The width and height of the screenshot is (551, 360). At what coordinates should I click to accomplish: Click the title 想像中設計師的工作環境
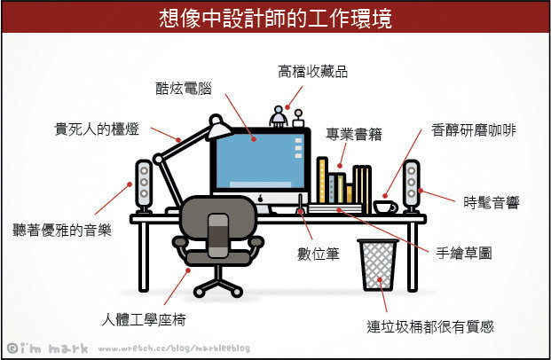click(x=275, y=17)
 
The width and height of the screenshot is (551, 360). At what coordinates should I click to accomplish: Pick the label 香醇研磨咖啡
click(x=474, y=129)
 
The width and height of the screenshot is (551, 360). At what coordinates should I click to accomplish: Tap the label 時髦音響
click(x=492, y=202)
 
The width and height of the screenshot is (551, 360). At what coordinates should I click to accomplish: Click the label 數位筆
click(x=321, y=255)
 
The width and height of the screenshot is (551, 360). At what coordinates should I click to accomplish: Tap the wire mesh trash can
click(x=378, y=262)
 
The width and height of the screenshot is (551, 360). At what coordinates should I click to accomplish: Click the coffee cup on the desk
click(x=384, y=207)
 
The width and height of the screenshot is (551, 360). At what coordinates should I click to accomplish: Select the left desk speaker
click(x=144, y=185)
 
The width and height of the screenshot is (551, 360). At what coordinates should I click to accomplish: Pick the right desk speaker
click(x=411, y=185)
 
